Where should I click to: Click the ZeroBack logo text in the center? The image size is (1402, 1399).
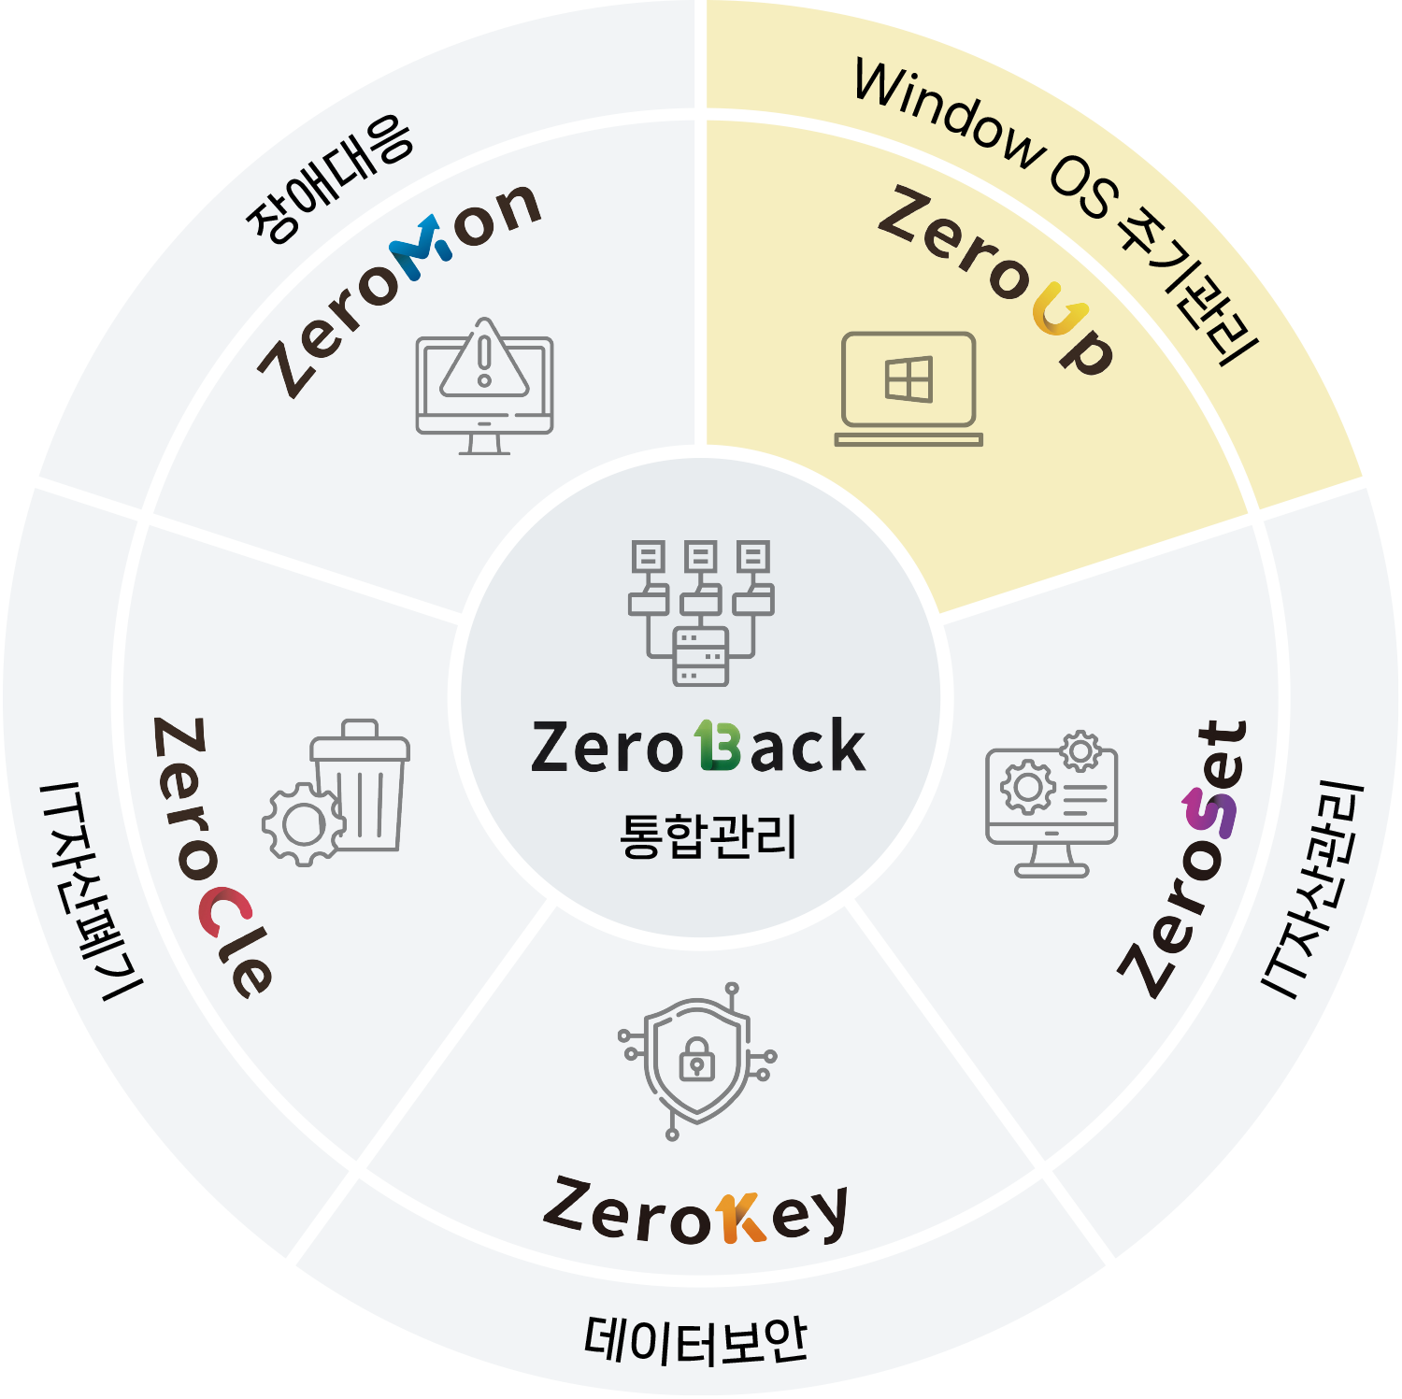[x=698, y=748]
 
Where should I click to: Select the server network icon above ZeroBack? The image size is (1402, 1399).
[x=701, y=612]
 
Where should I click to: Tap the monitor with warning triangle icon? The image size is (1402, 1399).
[x=484, y=385]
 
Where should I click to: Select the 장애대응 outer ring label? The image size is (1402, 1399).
[x=329, y=178]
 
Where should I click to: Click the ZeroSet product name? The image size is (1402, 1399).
[x=1186, y=858]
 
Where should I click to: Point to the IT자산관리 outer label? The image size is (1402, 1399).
[x=1313, y=888]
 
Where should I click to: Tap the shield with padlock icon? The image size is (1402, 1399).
[x=697, y=1061]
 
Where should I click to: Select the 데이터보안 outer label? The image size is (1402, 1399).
[x=695, y=1341]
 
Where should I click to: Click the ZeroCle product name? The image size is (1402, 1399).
[x=212, y=856]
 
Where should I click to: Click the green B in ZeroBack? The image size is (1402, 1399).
[x=718, y=747]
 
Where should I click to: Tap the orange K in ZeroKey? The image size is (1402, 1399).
[x=741, y=1218]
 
